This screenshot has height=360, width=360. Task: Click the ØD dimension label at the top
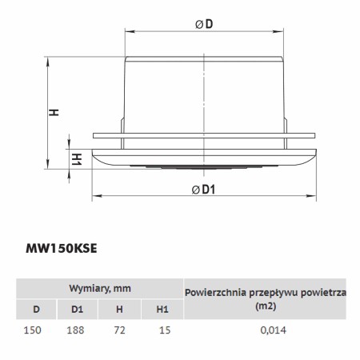tap(204, 24)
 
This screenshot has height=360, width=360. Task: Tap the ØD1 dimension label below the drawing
tap(203, 190)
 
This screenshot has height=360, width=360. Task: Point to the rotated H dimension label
tap(54, 112)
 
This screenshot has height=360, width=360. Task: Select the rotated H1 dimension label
tap(77, 159)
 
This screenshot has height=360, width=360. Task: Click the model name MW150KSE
tap(62, 249)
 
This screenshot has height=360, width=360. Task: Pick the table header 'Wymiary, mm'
tap(100, 289)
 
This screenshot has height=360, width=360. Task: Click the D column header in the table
tap(36, 310)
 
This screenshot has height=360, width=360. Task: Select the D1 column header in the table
tap(77, 310)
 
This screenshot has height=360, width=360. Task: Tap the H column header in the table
tap(119, 310)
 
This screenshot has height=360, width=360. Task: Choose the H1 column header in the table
tap(162, 310)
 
